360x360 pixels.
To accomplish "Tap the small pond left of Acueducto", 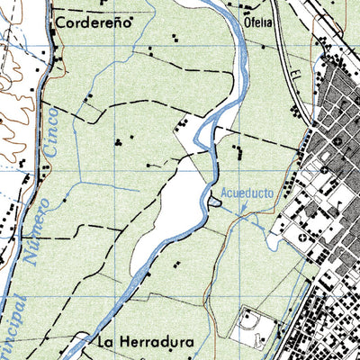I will [213, 202].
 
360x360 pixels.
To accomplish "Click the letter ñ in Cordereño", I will [130, 24].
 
